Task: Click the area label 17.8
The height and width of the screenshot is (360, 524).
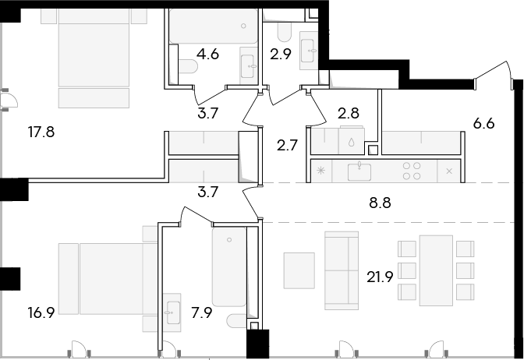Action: (x=41, y=132)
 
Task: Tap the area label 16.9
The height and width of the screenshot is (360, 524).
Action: (x=41, y=313)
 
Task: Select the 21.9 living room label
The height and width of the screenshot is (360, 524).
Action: (x=380, y=277)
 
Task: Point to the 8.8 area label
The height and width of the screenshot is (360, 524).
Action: (x=380, y=203)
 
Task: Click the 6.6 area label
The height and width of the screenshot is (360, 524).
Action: (x=484, y=124)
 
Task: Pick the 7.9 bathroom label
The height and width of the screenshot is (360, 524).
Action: (x=201, y=313)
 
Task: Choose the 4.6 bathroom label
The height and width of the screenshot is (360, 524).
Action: (x=207, y=54)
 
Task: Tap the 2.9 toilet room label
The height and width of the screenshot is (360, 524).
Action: (x=281, y=54)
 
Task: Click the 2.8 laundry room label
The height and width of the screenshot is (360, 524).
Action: (x=349, y=113)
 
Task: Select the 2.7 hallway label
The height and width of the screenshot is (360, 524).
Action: (x=288, y=146)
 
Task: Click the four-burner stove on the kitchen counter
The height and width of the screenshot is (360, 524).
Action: (x=412, y=171)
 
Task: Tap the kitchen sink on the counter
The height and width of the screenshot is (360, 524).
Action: (x=359, y=171)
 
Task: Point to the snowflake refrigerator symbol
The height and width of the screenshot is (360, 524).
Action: (x=320, y=171)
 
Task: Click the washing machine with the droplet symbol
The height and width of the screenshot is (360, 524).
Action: (x=351, y=140)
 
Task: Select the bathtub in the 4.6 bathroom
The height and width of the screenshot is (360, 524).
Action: (x=213, y=26)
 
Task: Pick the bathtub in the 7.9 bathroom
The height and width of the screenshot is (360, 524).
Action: (x=229, y=267)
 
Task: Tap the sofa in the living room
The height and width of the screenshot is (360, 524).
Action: (x=342, y=270)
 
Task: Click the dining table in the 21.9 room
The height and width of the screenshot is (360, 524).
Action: (x=436, y=270)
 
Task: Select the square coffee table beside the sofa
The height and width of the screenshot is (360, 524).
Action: (x=299, y=270)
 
